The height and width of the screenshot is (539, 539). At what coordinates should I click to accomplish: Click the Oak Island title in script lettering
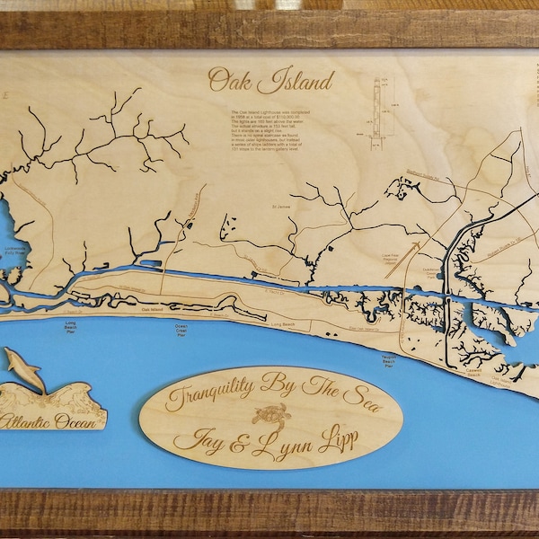(270, 80)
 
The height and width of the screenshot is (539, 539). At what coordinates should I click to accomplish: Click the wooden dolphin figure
(24, 368)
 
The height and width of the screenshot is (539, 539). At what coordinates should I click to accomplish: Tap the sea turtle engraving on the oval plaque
(270, 416)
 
